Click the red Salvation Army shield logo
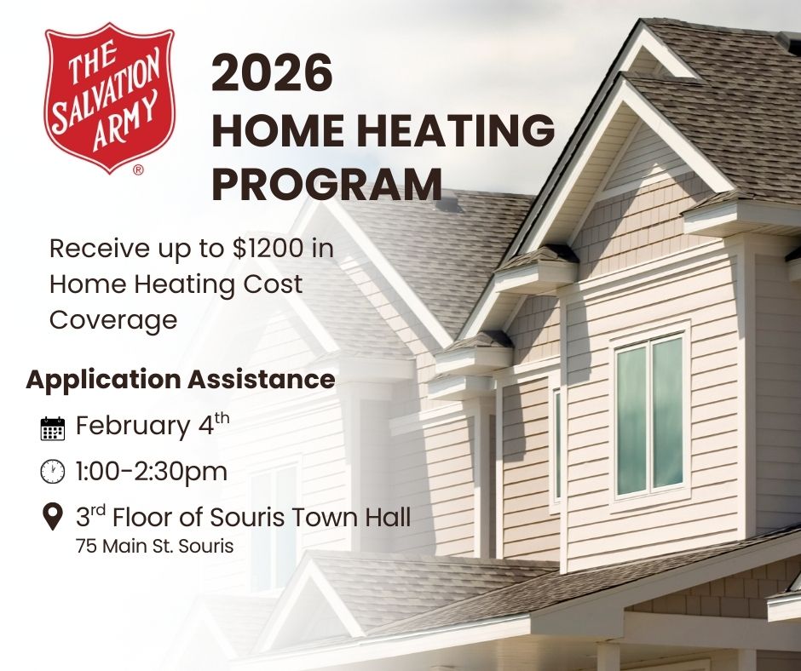pos(110,97)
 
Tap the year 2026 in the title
pos(272,73)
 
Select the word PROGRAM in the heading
pos(327,184)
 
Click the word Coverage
pos(113,321)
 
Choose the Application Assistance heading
pos(181,380)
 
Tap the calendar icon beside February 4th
pos(53,428)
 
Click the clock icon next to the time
pos(53,471)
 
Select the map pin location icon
pos(52,516)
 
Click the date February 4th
pos(153,426)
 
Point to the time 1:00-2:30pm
pos(152,471)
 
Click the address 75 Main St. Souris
pos(155,546)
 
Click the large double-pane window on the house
pos(650,416)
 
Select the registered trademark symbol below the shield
pos(138,169)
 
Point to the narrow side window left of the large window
pos(556,444)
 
